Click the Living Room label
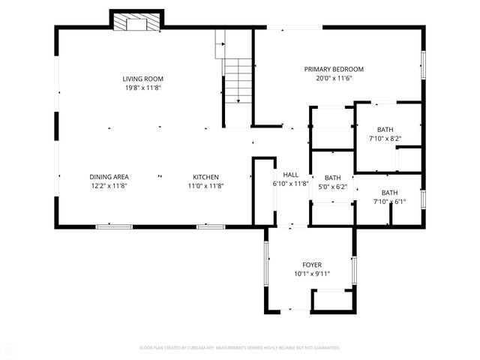click(x=142, y=79)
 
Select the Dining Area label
click(x=109, y=177)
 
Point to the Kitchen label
click(x=205, y=177)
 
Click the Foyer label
click(x=312, y=265)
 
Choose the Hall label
click(x=290, y=174)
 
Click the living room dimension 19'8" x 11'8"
click(x=142, y=88)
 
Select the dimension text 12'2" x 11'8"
click(x=109, y=186)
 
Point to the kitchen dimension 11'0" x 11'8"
click(x=205, y=186)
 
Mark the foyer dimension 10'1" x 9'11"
click(x=312, y=274)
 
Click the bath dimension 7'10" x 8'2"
click(x=385, y=138)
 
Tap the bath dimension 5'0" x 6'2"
click(x=332, y=187)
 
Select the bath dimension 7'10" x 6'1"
click(x=389, y=201)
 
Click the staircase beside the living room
click(x=238, y=79)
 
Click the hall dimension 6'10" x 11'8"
click(x=290, y=183)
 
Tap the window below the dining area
click(x=114, y=226)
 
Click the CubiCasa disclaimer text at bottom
click(x=240, y=347)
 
